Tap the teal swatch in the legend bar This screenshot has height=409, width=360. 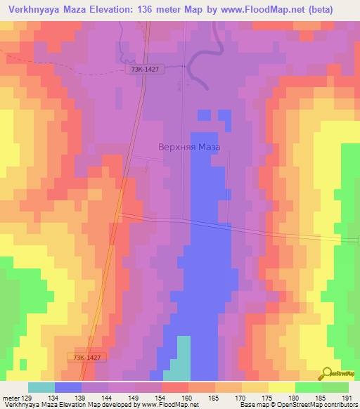point(41,387)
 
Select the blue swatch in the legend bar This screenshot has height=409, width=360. point(68,387)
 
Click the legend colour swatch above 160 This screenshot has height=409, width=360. point(175,387)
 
